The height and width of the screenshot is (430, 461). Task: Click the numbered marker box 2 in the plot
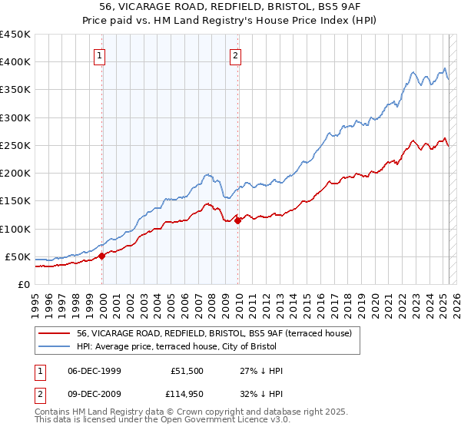pos(235,55)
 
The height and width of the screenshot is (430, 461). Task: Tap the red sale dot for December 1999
pos(102,256)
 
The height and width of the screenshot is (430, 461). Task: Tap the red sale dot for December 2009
pos(237,220)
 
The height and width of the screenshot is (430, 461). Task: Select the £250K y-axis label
pos(15,145)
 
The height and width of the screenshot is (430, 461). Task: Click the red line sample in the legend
pos(54,333)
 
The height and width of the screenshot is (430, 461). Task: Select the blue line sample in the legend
pos(54,346)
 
